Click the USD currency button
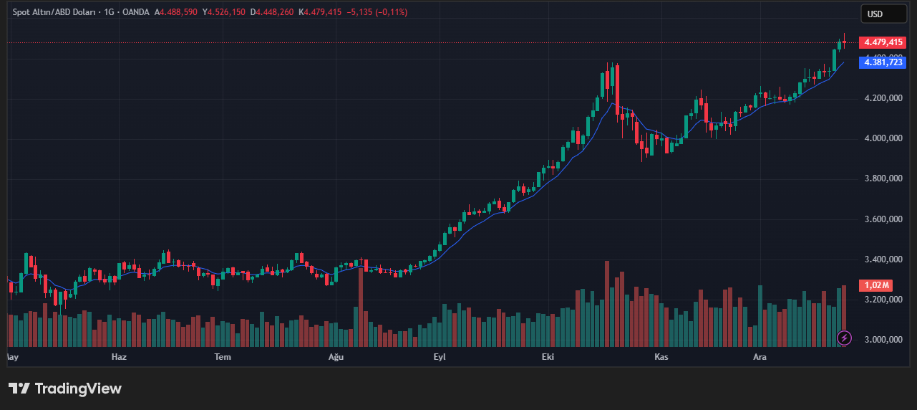[875, 14]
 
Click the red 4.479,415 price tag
[883, 42]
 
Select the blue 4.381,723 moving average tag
[883, 62]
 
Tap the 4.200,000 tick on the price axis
[883, 98]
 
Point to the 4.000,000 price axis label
[883, 138]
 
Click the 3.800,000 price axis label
[883, 178]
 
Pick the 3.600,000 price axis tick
[883, 219]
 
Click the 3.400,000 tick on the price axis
[883, 259]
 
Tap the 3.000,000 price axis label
[883, 340]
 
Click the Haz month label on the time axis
[119, 356]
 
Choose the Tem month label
[223, 356]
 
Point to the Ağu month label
[336, 356]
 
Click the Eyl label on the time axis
[440, 356]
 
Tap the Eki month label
[548, 356]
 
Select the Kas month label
[661, 356]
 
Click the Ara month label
[760, 356]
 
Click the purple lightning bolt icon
[844, 337]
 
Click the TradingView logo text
[78, 388]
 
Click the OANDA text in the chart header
[135, 12]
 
